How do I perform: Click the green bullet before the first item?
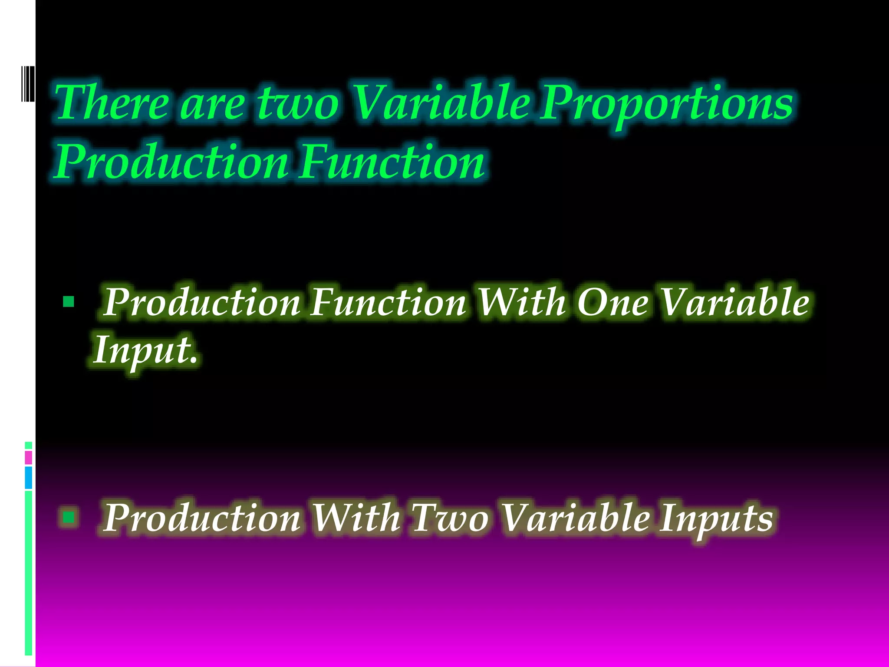coord(69,301)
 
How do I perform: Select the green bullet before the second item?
coord(69,517)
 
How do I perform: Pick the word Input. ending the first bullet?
coord(146,350)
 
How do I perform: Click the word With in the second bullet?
coord(356,518)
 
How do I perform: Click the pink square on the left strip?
coord(28,458)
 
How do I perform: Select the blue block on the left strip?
coord(28,478)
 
